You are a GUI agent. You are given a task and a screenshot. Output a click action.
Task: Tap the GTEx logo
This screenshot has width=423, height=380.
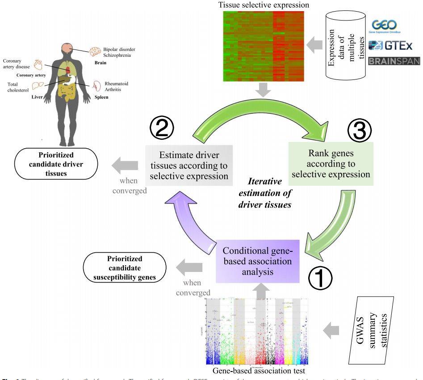coord(392,45)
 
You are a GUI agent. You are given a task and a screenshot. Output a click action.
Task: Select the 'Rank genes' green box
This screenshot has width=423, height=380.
coord(331,164)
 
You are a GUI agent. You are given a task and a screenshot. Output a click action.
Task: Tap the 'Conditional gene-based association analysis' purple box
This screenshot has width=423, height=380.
coord(257,261)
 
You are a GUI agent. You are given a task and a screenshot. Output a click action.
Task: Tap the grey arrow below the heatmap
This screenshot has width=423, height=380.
coord(264,92)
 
